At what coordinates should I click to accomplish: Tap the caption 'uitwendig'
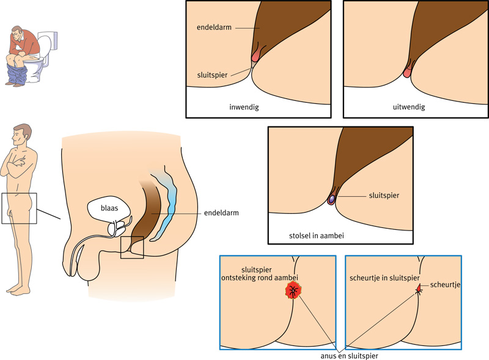coord(409,107)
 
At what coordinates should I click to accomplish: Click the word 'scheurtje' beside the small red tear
coord(446,285)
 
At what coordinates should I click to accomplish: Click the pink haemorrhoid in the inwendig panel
coord(256,56)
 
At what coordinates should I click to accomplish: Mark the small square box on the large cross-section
coord(132,247)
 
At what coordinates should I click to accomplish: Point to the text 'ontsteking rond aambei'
coord(265,278)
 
